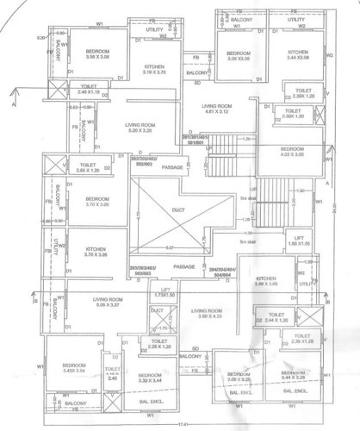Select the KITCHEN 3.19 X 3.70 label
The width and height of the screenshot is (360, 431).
coord(154,70)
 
